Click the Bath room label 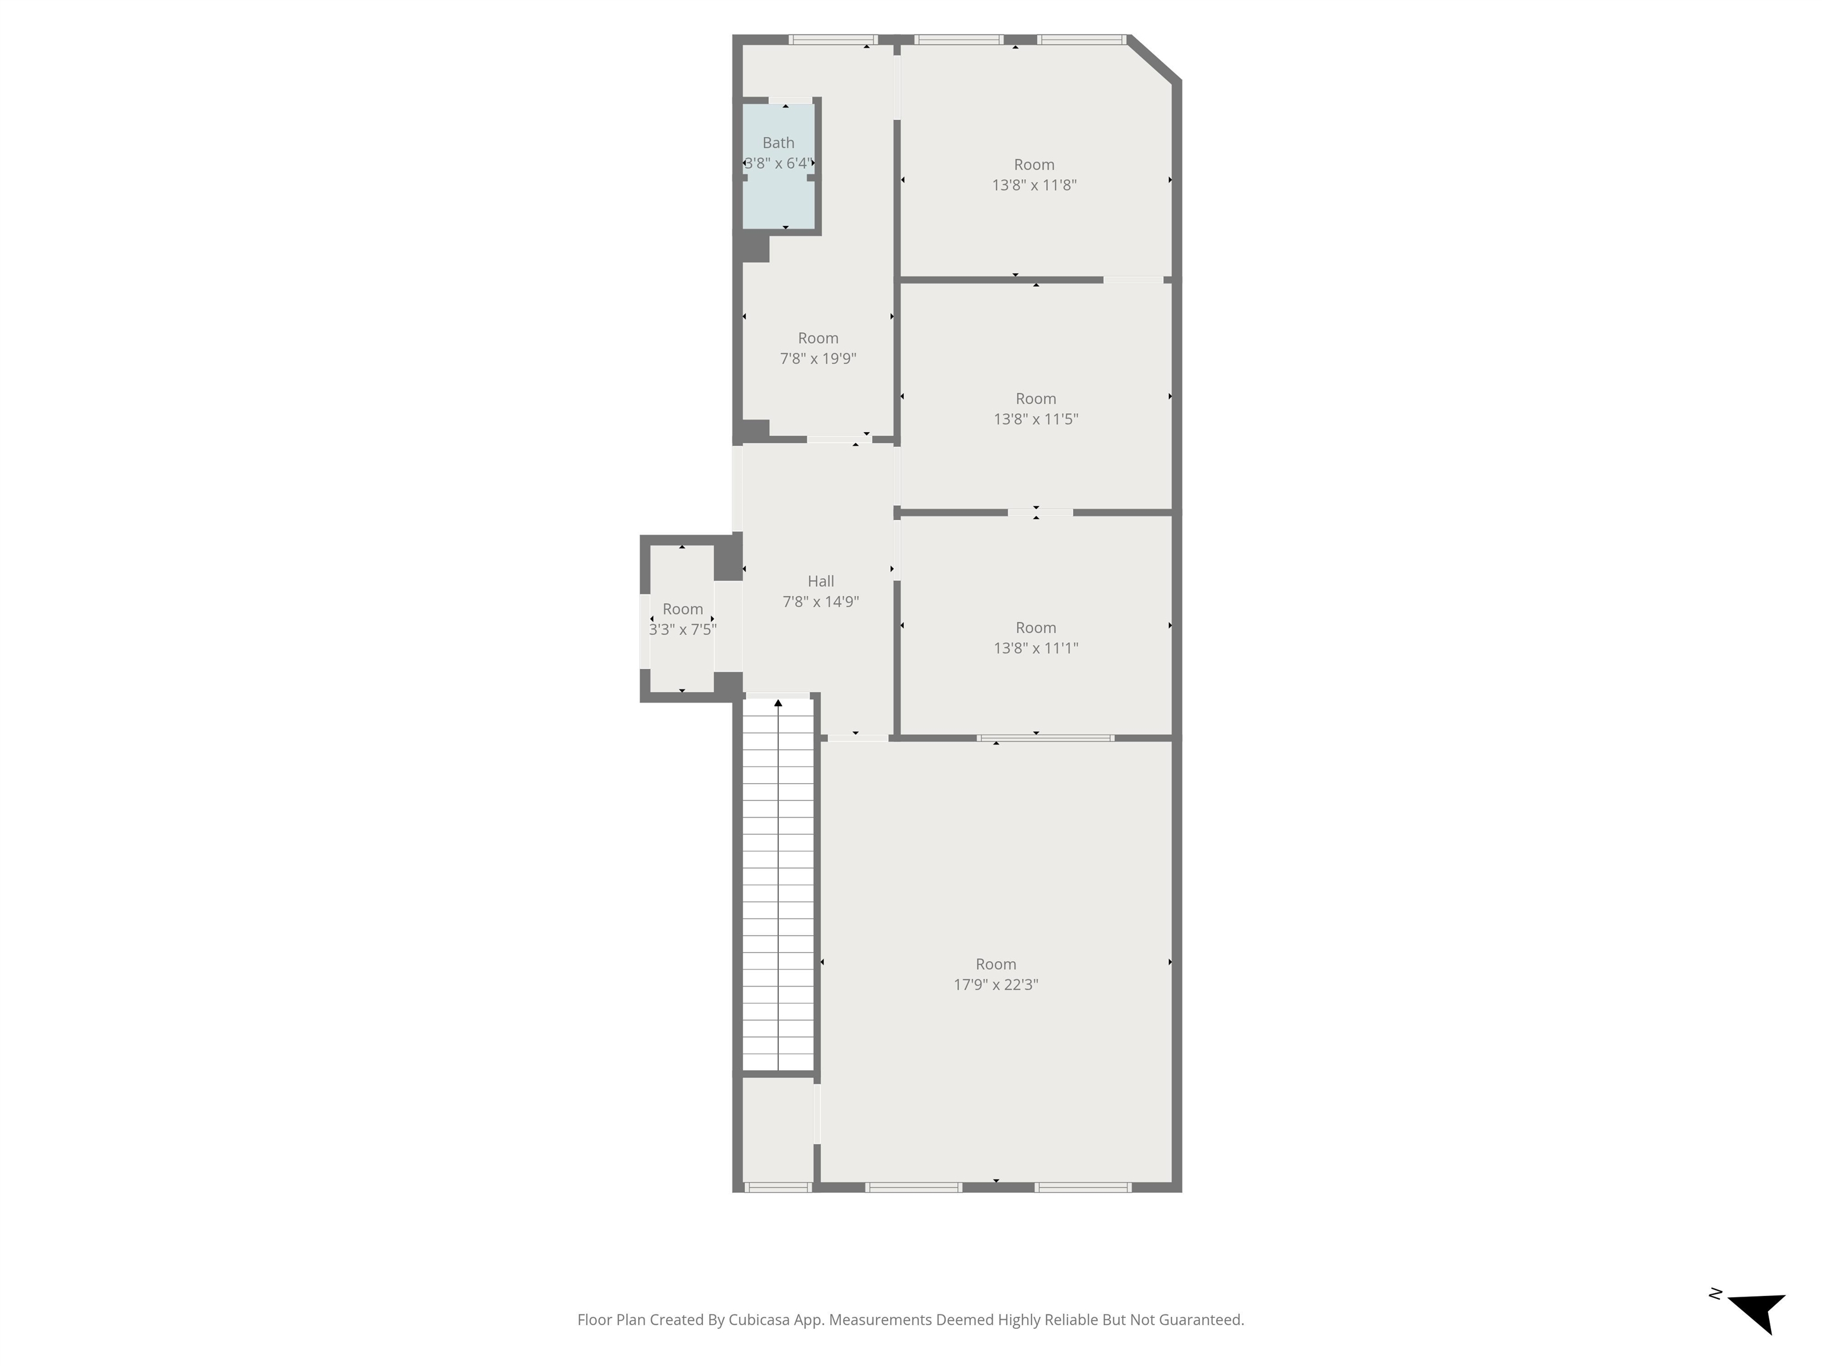(778, 142)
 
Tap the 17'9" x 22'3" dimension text (996, 984)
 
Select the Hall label (820, 581)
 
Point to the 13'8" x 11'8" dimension (1034, 184)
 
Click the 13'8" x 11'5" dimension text (1036, 419)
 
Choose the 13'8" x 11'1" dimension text (1036, 647)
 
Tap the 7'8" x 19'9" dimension (818, 358)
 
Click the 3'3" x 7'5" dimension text (683, 629)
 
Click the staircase (778, 885)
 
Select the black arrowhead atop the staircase (778, 703)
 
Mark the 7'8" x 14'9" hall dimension (820, 601)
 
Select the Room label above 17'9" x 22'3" (996, 963)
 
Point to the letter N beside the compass (1716, 1294)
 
